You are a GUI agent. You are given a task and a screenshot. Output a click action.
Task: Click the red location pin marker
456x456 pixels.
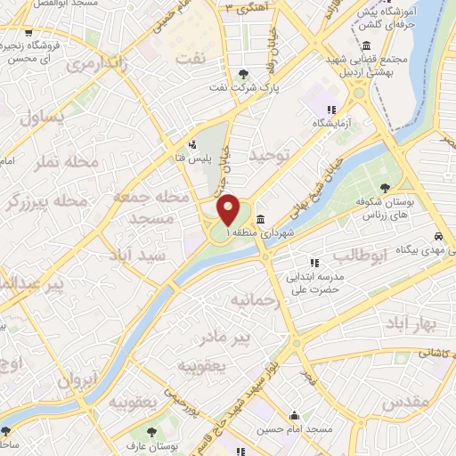pyautogui.click(x=228, y=210)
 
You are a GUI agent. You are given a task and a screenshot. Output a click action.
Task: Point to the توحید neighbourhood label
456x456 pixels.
pyautogui.click(x=270, y=157)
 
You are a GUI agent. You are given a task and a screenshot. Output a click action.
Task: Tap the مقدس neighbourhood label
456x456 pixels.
pyautogui.click(x=405, y=403)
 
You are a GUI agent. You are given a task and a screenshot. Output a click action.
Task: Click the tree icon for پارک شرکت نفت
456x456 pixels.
pyautogui.click(x=244, y=74)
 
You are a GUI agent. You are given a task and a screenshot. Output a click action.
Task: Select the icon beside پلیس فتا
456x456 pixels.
pyautogui.click(x=192, y=145)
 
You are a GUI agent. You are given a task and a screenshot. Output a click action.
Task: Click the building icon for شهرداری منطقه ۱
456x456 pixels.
pyautogui.click(x=260, y=220)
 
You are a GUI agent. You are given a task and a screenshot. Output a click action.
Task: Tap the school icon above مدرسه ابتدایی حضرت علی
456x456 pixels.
pyautogui.click(x=313, y=262)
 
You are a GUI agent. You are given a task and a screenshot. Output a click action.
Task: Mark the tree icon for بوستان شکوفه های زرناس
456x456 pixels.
pyautogui.click(x=384, y=187)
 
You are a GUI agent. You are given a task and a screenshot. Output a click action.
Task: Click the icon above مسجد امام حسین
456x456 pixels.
pyautogui.click(x=294, y=414)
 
